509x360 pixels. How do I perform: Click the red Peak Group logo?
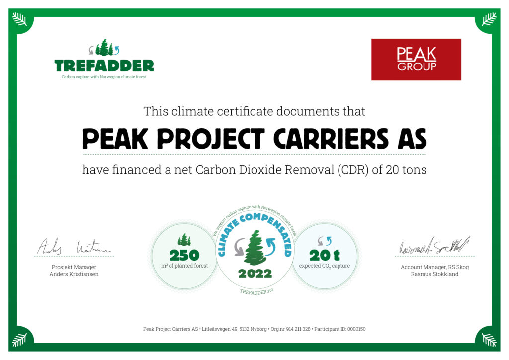416,59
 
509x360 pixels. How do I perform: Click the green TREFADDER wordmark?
104,66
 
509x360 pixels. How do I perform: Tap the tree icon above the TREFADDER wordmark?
104,48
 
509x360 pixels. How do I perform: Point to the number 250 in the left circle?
184,256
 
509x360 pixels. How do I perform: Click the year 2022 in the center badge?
254,274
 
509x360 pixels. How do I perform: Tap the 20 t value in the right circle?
324,256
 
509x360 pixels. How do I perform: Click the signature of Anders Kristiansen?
74,247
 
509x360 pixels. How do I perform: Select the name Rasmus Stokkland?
434,274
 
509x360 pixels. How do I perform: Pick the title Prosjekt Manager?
74,267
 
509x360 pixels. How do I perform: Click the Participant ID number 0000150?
355,329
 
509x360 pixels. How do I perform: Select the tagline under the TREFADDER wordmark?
104,77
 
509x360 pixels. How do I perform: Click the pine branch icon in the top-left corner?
19,19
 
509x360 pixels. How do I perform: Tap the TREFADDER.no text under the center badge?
254,292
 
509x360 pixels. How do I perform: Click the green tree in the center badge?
254,248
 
